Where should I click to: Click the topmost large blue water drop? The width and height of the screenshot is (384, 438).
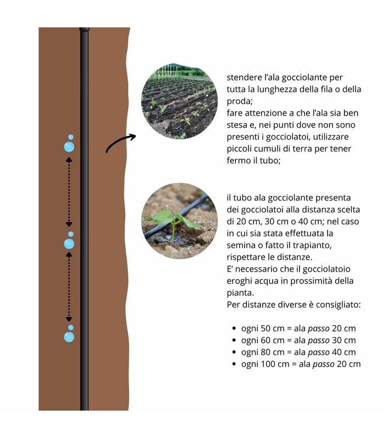[x=69, y=147]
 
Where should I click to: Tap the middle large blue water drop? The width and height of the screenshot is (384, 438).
[x=69, y=244]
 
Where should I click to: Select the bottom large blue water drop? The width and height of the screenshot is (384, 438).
[x=69, y=337]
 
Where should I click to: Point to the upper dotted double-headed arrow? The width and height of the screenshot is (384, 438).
[x=69, y=192]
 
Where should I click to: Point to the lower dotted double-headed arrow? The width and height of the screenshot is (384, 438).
[x=69, y=287]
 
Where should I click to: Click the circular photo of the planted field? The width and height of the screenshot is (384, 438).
[x=179, y=101]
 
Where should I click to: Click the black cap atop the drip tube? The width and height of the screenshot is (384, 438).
[x=84, y=29]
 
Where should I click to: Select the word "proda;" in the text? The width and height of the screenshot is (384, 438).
[x=240, y=101]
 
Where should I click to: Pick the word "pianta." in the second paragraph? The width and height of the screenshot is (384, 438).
[x=240, y=293]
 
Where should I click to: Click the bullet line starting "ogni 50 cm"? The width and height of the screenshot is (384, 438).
[x=298, y=328]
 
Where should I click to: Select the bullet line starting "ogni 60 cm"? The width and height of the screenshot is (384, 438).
[x=298, y=341]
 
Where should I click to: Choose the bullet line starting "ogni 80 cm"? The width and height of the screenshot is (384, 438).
[x=298, y=352]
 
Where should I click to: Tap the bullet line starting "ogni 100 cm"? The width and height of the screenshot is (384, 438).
[x=301, y=364]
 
